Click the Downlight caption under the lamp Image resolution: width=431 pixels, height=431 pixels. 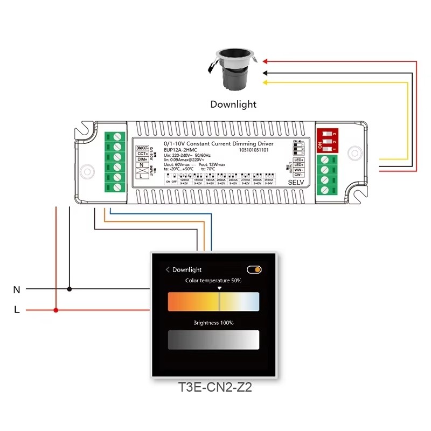[x=233, y=105]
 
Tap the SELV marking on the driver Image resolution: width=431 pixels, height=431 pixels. [x=296, y=183]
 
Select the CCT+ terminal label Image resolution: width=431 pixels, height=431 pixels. [x=142, y=154]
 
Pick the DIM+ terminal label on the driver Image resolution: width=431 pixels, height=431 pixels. [x=142, y=161]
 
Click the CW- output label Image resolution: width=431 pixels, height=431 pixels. [x=299, y=175]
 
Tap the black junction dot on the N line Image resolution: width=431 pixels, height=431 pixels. [x=69, y=289]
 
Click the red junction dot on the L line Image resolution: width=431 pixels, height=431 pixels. [x=56, y=310]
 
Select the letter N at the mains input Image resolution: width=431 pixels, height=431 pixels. [x=17, y=290]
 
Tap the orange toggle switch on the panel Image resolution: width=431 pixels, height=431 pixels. [x=254, y=269]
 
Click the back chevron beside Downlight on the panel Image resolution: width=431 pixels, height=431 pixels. [x=168, y=269]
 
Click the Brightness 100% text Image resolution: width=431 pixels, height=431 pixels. [x=213, y=323]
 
